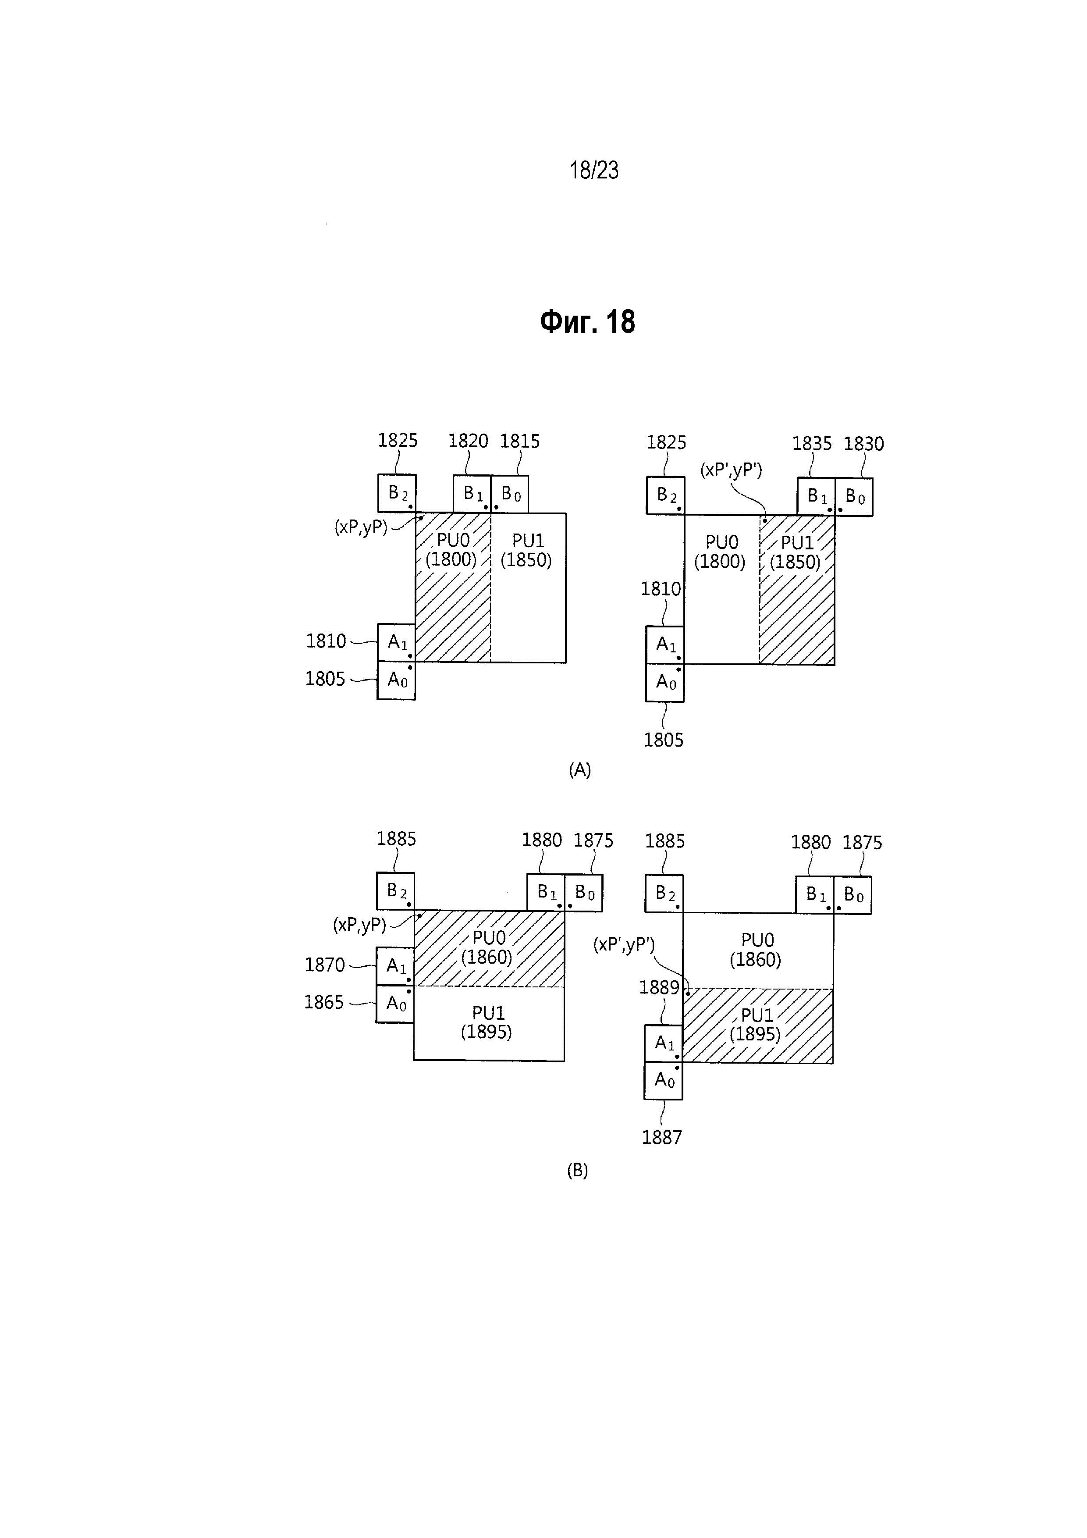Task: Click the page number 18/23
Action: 593,171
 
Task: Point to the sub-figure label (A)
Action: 579,770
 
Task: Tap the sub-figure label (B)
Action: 577,1170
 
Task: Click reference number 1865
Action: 324,1002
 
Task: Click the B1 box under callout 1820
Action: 472,495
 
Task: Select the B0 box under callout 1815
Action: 510,495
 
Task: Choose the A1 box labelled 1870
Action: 395,966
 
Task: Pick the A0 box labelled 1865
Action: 395,1004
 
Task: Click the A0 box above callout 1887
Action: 663,1080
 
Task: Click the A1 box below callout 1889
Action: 663,1043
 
